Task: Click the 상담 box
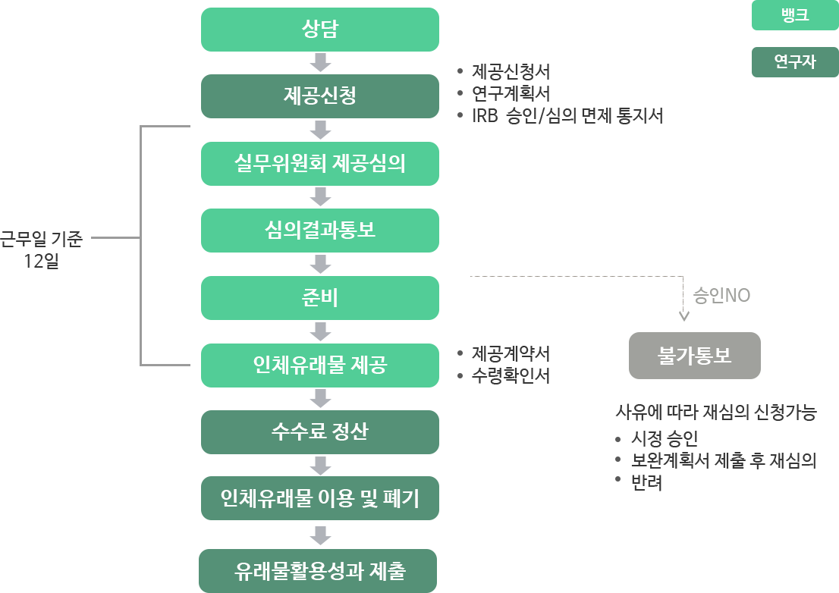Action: tap(319, 30)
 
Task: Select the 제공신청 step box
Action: tap(319, 96)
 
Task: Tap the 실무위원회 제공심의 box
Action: tap(319, 163)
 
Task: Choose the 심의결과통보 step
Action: tap(319, 230)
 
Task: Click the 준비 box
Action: tap(319, 297)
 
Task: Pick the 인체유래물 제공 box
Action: tap(319, 365)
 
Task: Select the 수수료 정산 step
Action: tap(319, 431)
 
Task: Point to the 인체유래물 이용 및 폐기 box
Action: tap(319, 499)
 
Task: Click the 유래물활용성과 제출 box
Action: tap(319, 570)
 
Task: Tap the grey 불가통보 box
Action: tap(694, 355)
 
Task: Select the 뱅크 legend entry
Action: tap(794, 15)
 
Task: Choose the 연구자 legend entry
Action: tap(794, 62)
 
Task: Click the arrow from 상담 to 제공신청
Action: tap(320, 63)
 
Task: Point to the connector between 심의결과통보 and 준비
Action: tap(320, 264)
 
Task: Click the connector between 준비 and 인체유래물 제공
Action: tap(320, 331)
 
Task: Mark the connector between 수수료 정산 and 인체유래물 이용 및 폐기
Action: tap(320, 466)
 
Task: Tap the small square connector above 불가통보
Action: tap(683, 316)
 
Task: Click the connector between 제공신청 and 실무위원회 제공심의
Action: tap(320, 130)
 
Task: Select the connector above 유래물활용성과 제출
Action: tap(320, 535)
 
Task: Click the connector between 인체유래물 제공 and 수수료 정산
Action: tap(320, 398)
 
